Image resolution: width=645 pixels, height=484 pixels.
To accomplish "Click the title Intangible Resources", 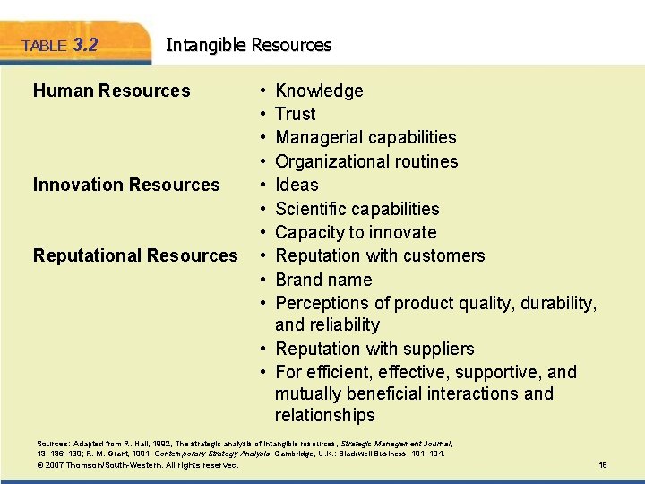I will [x=248, y=45].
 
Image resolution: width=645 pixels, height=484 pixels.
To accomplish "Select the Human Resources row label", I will [x=111, y=91].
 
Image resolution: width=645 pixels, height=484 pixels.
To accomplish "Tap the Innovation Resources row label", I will [x=125, y=185].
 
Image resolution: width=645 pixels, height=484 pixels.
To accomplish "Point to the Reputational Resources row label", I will [x=135, y=255].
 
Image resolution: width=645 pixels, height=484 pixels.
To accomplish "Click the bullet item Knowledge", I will [x=319, y=91].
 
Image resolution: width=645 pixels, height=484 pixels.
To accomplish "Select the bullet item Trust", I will [x=295, y=114].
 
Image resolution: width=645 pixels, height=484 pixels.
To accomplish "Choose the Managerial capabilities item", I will [x=365, y=137].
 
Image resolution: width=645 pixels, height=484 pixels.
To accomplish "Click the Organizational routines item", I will [x=366, y=161].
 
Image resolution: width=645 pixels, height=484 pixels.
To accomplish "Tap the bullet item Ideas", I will [x=297, y=185].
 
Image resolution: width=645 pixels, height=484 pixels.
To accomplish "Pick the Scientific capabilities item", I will [x=357, y=209].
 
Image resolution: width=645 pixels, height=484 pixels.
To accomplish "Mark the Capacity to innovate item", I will [x=356, y=232].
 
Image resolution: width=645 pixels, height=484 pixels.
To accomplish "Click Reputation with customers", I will [x=380, y=255].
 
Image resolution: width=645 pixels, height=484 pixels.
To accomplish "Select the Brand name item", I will [x=324, y=280].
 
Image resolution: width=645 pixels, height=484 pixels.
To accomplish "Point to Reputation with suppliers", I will [x=374, y=349].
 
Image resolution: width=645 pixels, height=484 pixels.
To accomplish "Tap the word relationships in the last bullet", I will [x=324, y=415].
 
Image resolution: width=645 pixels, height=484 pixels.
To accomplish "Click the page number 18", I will [x=603, y=465].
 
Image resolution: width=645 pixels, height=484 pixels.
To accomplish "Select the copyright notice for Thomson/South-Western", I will [x=138, y=465].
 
